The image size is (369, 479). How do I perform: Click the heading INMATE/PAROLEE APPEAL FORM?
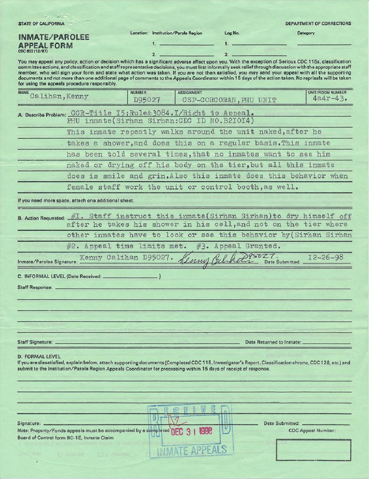point(53,41)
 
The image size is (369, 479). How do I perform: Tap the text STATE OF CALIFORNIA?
point(41,24)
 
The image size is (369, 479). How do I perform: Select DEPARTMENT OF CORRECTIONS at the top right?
point(318,24)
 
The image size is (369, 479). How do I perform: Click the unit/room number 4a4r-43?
point(329,99)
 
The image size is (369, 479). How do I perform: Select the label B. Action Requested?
point(41,218)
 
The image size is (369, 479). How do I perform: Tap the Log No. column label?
point(232,33)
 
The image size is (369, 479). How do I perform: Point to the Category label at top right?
point(306,33)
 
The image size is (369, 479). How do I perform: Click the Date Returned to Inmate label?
point(273,342)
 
